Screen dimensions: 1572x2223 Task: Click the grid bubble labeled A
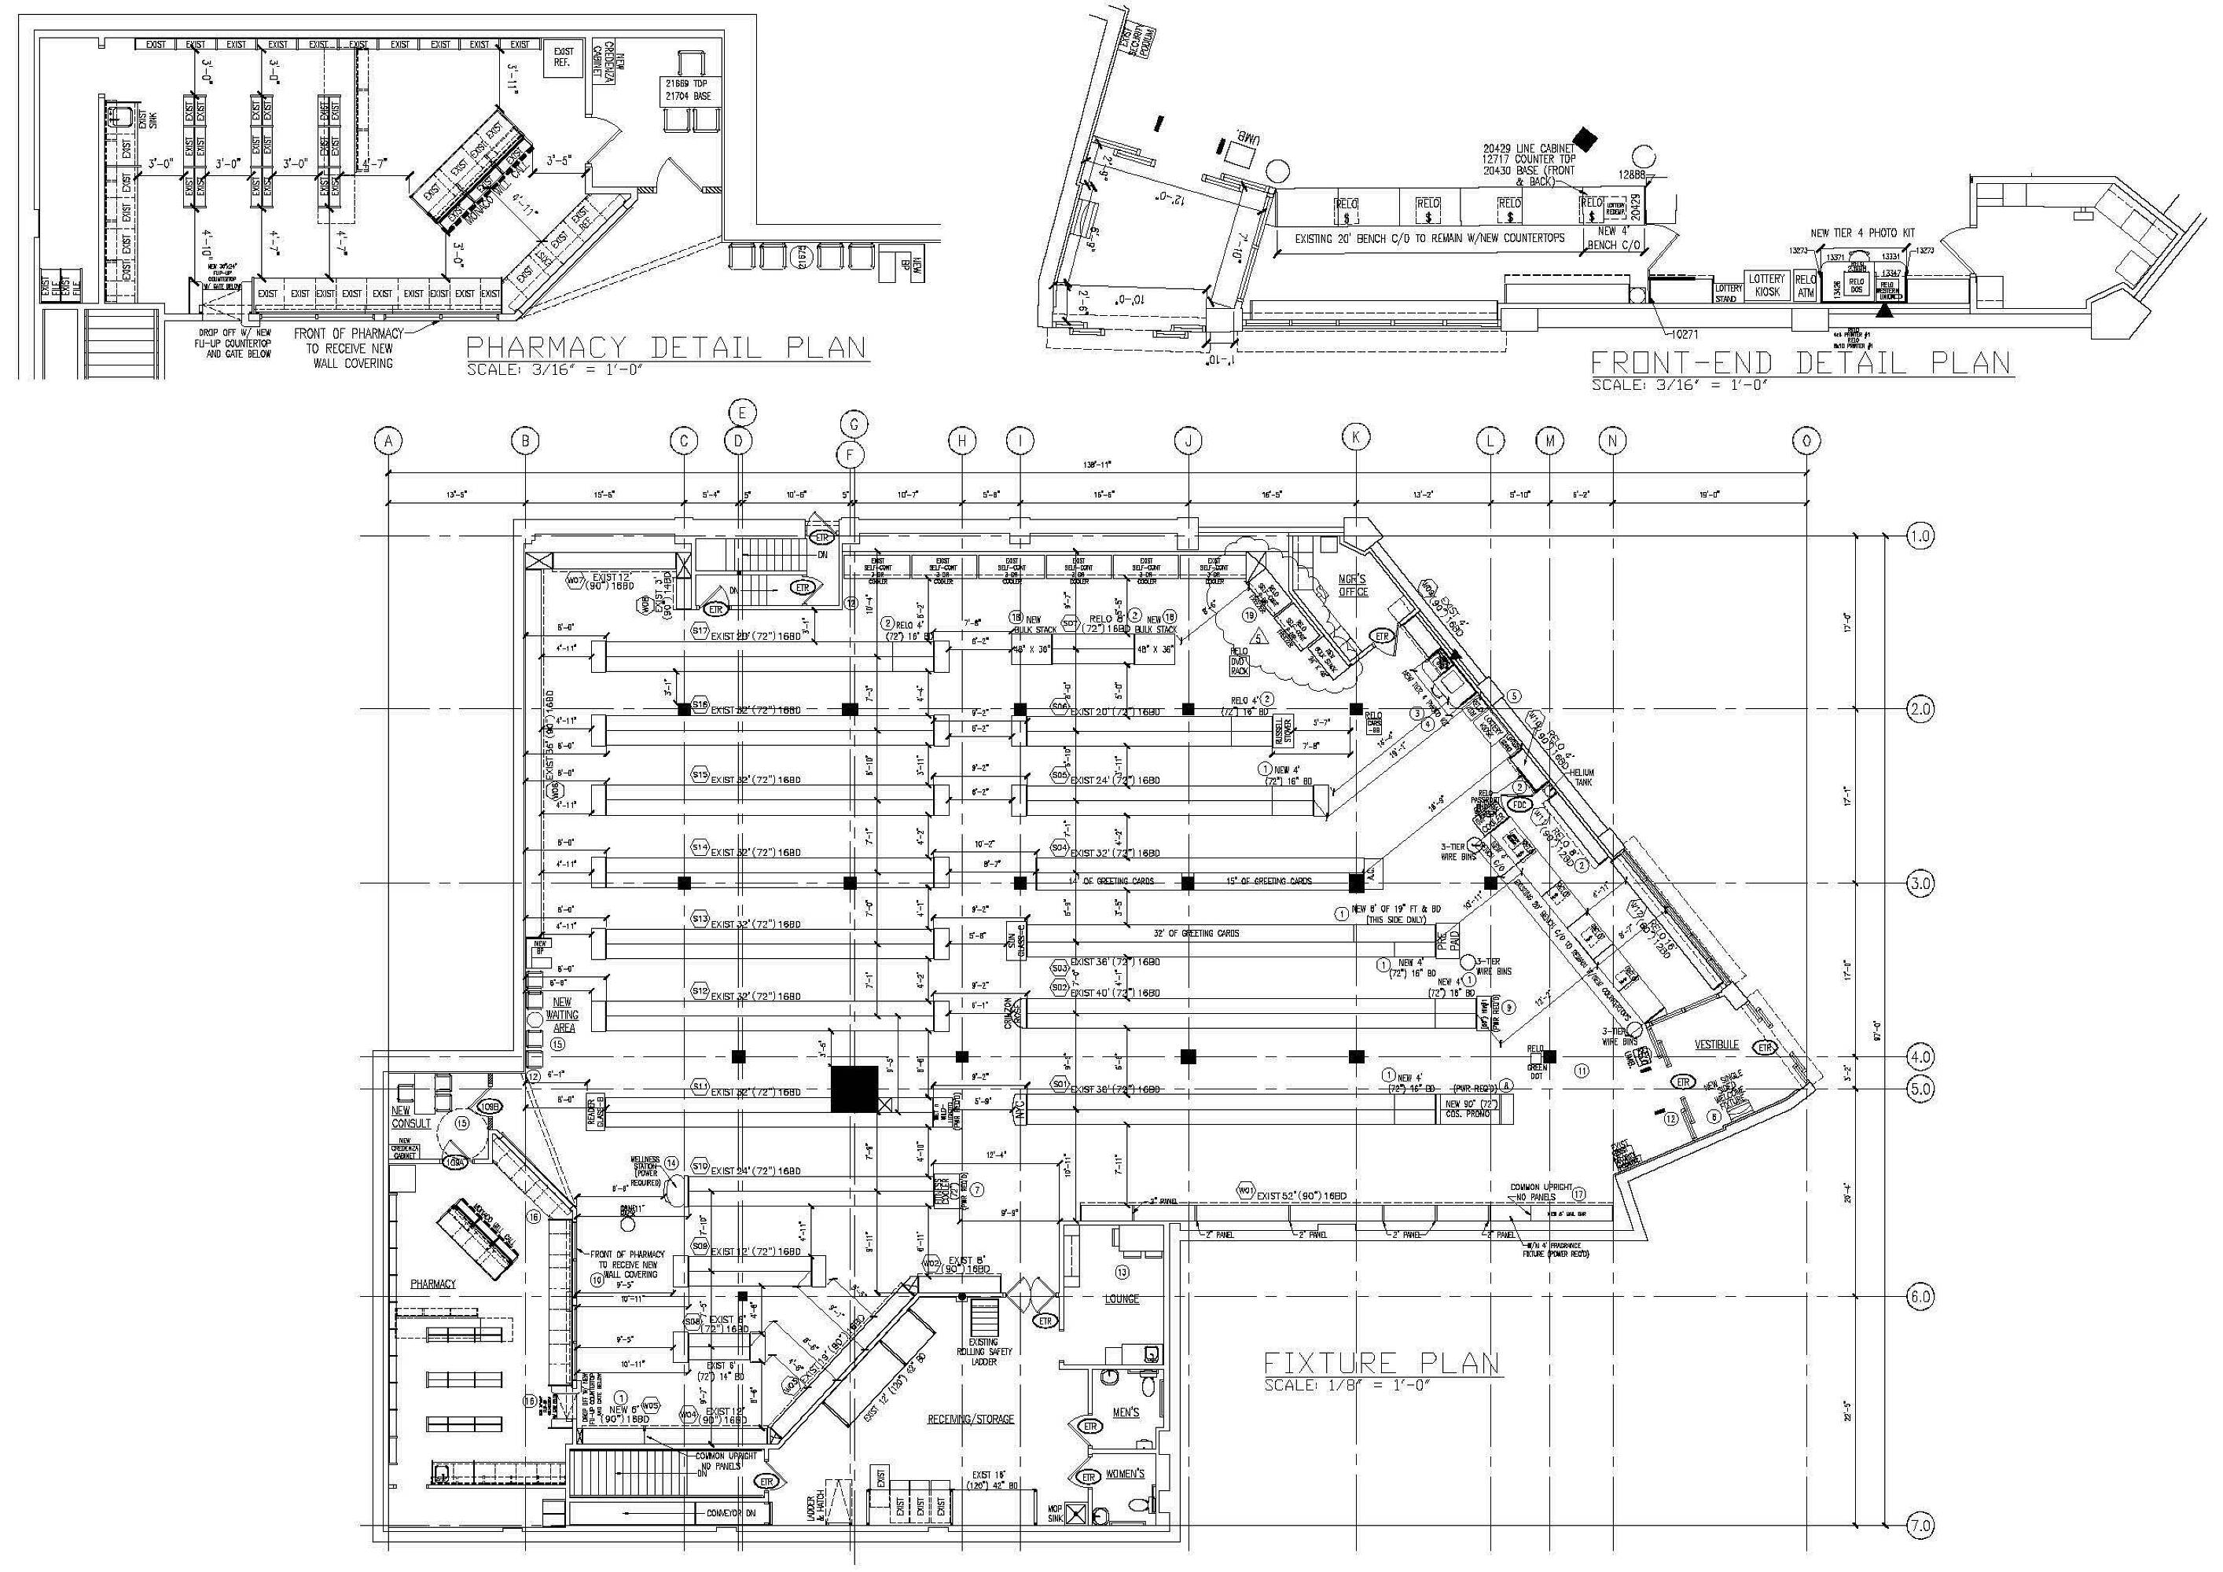point(388,442)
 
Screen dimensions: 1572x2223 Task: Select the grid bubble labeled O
point(1806,442)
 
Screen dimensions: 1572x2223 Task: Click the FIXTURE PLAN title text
point(1382,1363)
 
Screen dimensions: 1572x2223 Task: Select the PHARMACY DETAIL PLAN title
point(666,347)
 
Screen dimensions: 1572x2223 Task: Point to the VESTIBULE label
point(1716,1045)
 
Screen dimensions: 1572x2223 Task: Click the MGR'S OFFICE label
point(1354,584)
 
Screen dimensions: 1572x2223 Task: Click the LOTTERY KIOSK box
point(1766,285)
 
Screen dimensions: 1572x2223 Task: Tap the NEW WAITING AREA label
point(561,1015)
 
